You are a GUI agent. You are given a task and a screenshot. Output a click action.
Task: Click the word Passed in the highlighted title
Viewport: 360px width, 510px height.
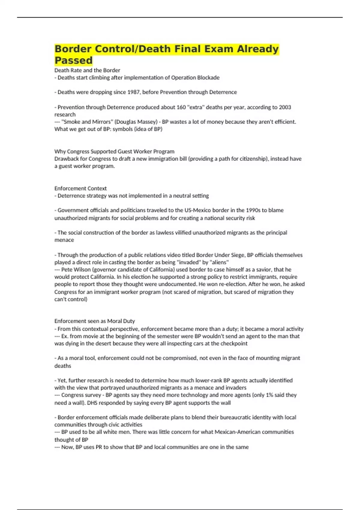point(73,60)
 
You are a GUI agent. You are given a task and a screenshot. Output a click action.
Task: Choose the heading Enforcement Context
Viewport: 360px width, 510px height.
point(80,188)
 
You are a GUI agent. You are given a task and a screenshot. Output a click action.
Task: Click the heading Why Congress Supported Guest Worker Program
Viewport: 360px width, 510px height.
point(114,151)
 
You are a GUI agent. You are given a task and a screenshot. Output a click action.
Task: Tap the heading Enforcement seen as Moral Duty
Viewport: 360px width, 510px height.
point(94,321)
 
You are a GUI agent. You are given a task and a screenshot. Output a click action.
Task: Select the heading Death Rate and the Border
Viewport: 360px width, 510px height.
point(87,70)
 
